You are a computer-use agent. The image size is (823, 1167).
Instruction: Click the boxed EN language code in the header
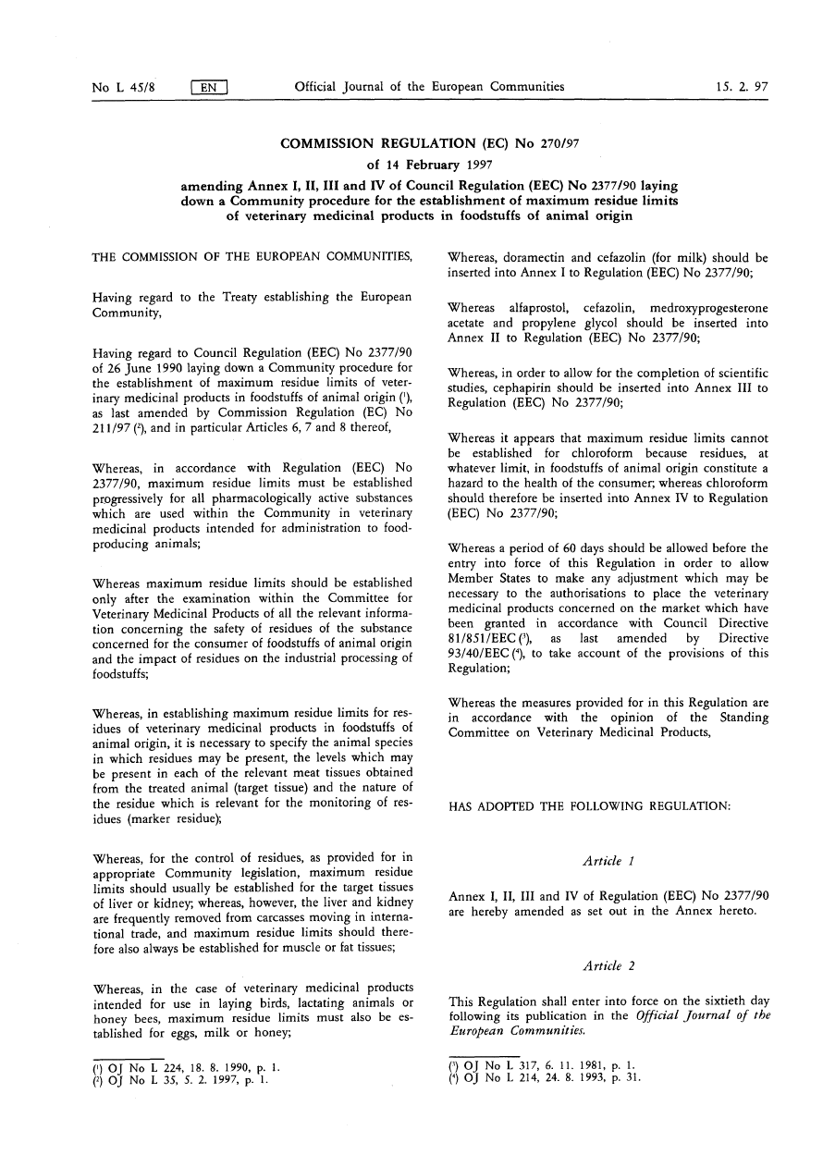pyautogui.click(x=209, y=88)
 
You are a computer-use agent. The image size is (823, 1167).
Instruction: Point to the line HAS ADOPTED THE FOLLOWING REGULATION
pyautogui.click(x=590, y=806)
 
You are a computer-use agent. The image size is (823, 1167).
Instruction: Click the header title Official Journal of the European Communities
pyautogui.click(x=429, y=87)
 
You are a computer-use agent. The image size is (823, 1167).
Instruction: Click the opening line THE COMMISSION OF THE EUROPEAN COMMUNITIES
pyautogui.click(x=252, y=257)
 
